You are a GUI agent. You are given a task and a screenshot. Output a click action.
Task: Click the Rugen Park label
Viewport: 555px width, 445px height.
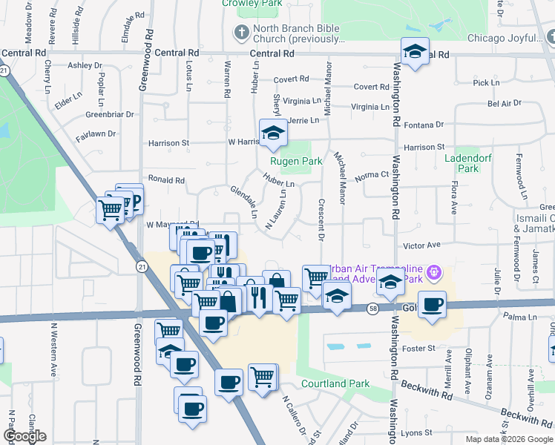301,161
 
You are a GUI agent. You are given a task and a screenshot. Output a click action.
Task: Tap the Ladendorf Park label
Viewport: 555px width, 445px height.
462,163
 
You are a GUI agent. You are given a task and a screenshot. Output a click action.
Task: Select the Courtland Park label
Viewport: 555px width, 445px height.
335,384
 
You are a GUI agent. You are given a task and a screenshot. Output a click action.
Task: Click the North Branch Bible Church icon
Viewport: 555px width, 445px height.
240,33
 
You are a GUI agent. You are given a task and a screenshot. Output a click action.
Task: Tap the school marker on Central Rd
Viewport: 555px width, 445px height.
415,51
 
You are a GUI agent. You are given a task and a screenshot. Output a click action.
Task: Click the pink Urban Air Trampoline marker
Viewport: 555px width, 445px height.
435,274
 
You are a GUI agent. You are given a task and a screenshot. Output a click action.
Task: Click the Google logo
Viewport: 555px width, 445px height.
24,436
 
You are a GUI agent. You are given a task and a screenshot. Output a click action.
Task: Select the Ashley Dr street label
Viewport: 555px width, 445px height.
85,65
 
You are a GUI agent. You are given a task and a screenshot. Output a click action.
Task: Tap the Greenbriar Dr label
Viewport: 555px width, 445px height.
109,114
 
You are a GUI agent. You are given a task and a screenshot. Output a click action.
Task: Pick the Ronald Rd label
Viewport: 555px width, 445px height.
165,179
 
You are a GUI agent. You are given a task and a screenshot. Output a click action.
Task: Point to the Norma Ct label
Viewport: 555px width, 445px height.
372,175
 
